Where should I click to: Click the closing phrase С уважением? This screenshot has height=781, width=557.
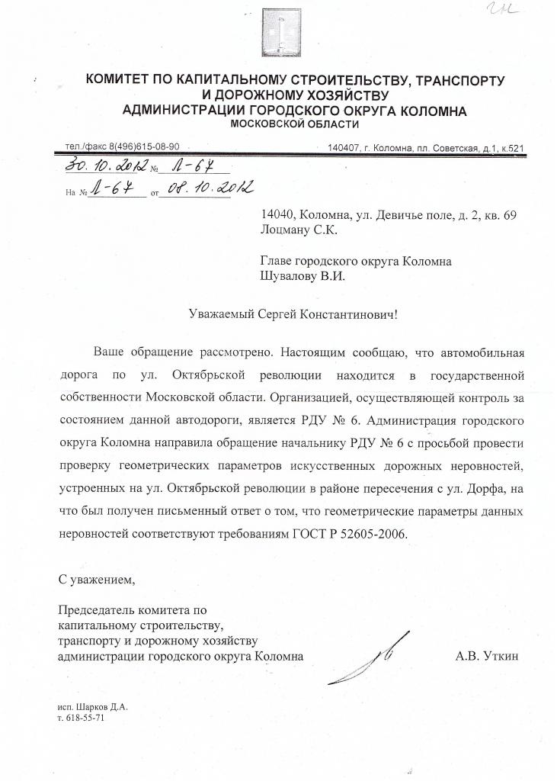click(97, 579)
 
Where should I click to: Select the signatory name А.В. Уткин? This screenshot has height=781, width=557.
click(487, 655)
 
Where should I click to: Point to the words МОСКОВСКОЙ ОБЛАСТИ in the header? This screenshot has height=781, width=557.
click(294, 124)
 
